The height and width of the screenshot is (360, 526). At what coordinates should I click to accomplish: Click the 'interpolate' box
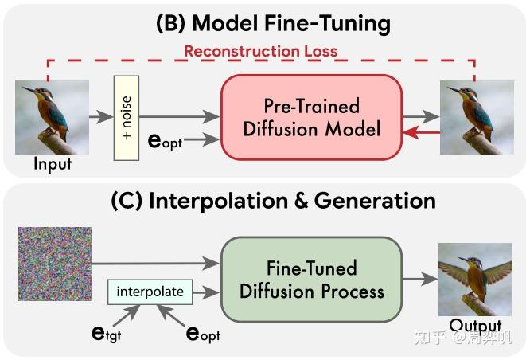coord(150,292)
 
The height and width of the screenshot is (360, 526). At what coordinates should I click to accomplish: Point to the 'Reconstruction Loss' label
coord(260,51)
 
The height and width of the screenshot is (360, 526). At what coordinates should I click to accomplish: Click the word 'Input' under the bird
coord(53,164)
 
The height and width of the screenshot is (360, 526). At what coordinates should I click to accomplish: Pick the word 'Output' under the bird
coord(475,325)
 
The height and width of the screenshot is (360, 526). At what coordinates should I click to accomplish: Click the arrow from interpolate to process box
coord(205,292)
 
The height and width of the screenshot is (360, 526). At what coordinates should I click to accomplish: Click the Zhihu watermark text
coord(470,338)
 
